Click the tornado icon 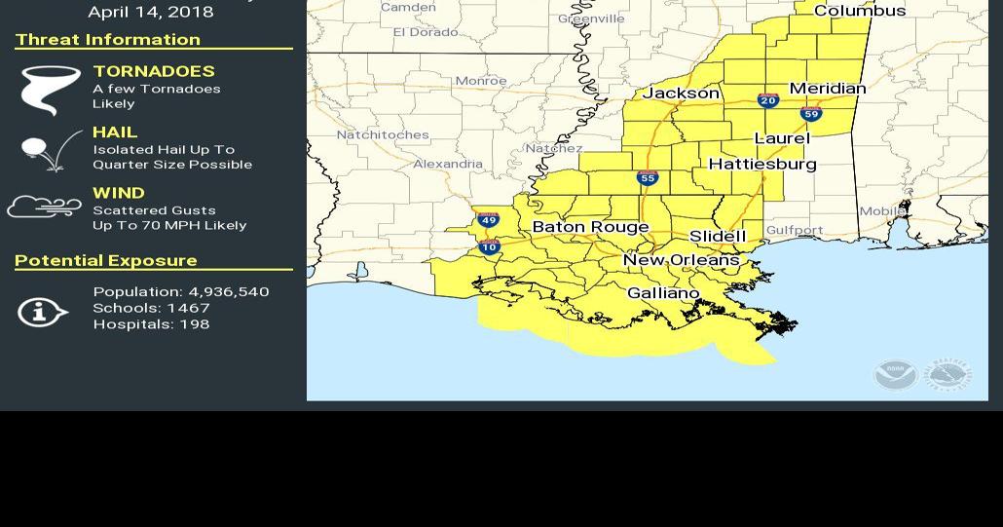click(x=50, y=90)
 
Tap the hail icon click(x=50, y=152)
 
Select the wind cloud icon click(x=45, y=207)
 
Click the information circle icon click(x=42, y=312)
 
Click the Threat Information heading click(x=108, y=40)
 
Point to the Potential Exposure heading click(x=106, y=261)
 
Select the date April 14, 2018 click(x=150, y=13)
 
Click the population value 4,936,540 click(x=229, y=292)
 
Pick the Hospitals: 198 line click(x=151, y=324)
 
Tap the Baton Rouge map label click(x=590, y=227)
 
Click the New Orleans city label click(x=681, y=260)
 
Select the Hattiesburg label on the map click(x=762, y=165)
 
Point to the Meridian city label click(x=827, y=89)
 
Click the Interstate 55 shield click(x=648, y=177)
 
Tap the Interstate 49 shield click(x=489, y=220)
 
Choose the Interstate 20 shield click(x=768, y=100)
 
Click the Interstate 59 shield click(x=811, y=114)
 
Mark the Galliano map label click(x=663, y=293)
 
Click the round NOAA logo click(x=894, y=374)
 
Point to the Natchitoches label click(x=383, y=135)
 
